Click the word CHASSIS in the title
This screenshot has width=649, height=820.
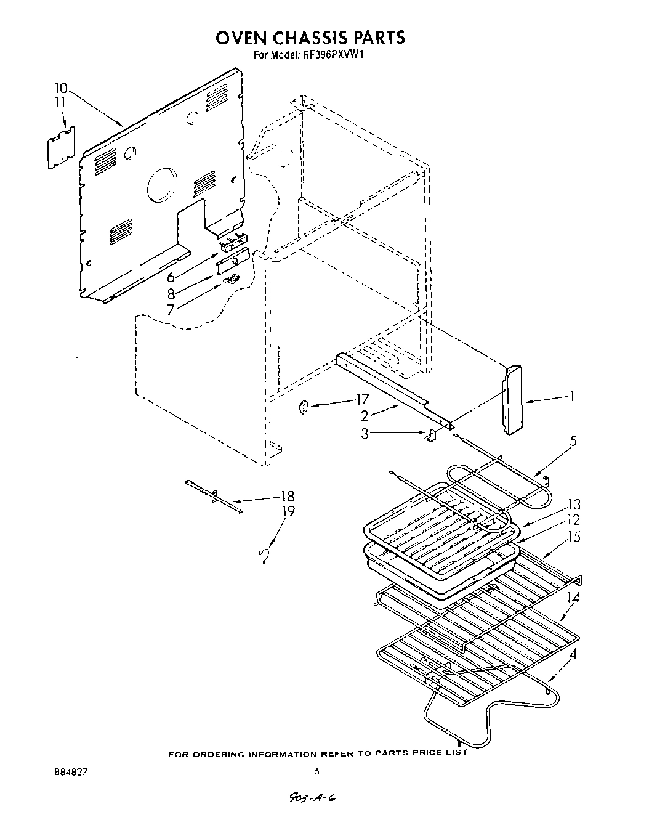pos(308,38)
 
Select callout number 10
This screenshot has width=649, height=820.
pos(62,88)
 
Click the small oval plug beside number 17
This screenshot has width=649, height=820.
pos(303,407)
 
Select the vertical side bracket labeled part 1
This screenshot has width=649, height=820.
pos(512,400)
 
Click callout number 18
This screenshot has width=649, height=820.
pos(287,497)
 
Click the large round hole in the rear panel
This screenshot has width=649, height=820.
pos(161,184)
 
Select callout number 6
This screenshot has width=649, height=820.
pos(171,277)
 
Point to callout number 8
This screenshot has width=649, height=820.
pos(172,294)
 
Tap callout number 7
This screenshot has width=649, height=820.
pos(171,309)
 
